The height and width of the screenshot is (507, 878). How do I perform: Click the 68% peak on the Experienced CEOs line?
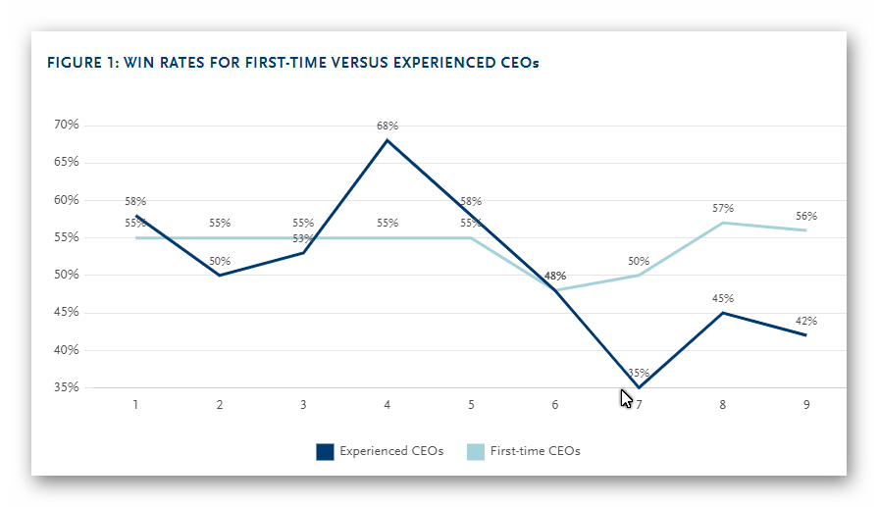click(387, 140)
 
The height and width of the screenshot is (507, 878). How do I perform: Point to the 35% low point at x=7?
click(639, 387)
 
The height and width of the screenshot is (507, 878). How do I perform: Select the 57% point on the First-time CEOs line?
click(723, 223)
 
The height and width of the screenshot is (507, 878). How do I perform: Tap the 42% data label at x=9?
click(806, 321)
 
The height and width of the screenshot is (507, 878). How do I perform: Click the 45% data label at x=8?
click(723, 298)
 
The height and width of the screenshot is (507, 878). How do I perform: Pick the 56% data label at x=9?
click(806, 216)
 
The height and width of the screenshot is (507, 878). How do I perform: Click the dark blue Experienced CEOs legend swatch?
click(325, 451)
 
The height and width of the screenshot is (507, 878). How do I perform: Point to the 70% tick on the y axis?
click(67, 126)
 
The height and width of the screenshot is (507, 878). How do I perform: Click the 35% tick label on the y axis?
click(67, 387)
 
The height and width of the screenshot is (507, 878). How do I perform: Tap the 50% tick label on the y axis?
click(67, 275)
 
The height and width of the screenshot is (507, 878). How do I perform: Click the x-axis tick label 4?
click(387, 405)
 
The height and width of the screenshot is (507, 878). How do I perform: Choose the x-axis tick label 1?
click(135, 405)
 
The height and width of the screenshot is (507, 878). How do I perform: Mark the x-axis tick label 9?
click(806, 405)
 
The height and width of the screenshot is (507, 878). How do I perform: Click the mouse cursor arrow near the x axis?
click(626, 398)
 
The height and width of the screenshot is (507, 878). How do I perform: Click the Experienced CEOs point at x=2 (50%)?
click(219, 275)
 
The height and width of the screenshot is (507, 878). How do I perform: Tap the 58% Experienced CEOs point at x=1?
click(135, 215)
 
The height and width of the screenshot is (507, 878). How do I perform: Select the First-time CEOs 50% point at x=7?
click(639, 275)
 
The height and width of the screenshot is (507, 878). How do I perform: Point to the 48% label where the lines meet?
click(555, 277)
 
